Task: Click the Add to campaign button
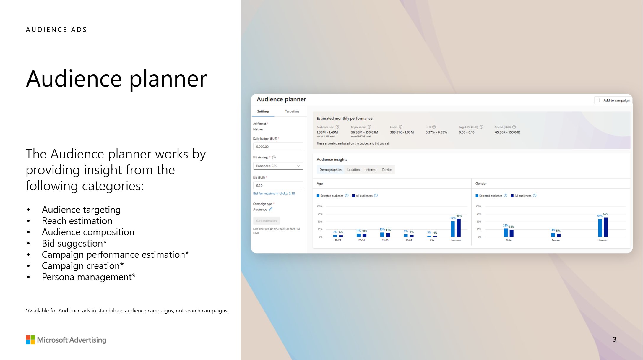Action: click(613, 100)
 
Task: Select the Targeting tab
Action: click(292, 111)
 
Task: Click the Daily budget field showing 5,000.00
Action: click(278, 147)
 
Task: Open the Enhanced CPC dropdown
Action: click(278, 166)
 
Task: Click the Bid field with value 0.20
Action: click(278, 186)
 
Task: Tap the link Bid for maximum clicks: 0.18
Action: click(274, 194)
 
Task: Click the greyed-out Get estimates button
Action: click(266, 221)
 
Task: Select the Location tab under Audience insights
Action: click(353, 170)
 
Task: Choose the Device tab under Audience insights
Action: click(387, 170)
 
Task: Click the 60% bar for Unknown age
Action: click(459, 228)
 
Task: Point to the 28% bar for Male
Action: click(506, 233)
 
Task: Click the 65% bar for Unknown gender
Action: click(605, 227)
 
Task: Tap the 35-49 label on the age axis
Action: click(385, 240)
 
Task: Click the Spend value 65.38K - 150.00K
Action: click(507, 132)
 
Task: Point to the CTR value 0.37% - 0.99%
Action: click(436, 132)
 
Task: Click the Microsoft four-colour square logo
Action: click(30, 340)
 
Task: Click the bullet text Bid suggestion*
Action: click(74, 243)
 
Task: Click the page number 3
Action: click(614, 339)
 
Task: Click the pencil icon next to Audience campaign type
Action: click(271, 209)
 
